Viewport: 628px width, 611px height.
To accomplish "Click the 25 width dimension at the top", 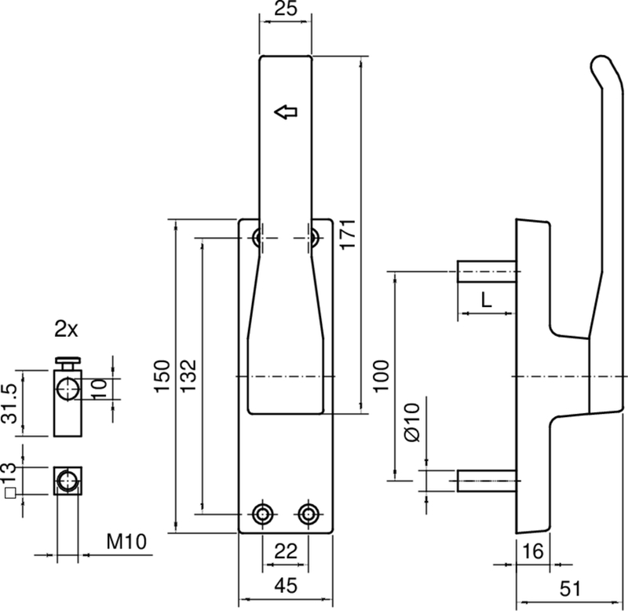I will pos(285,11).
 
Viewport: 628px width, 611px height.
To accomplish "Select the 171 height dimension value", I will pos(350,234).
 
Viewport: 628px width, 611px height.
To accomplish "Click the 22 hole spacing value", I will pos(285,552).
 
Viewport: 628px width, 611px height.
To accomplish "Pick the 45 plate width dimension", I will pos(285,585).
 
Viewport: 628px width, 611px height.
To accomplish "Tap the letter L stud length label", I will pos(486,298).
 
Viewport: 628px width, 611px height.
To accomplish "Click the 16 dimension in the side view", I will pos(533,552).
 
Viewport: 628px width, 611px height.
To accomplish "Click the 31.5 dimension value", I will pos(9,404).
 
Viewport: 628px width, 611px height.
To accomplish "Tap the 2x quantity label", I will pos(66,330).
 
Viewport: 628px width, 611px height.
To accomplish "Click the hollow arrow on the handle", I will pos(287,112).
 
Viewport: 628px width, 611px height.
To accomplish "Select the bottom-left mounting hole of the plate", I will pos(261,514).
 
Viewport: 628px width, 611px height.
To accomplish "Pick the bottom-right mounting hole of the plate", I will pos(308,514).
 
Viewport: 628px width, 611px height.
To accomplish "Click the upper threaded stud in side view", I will pos(486,273).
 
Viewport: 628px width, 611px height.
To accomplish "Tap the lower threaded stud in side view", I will pos(486,480).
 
